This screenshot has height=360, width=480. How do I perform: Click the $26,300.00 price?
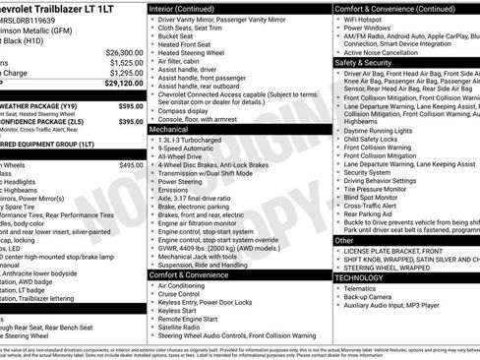pos(124,52)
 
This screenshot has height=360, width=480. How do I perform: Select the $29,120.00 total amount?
pos(124,84)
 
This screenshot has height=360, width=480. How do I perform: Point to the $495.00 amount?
pos(131,165)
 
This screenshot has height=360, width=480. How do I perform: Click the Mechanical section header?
pos(168,129)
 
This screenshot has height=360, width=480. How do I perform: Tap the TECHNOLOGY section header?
pos(361,278)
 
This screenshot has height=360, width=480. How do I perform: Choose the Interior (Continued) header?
pos(189,8)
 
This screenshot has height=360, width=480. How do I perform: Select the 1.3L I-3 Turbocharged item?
pos(191,139)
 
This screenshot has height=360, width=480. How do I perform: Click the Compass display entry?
pos(186,110)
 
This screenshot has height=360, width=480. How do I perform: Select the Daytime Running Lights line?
pos(378,130)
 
